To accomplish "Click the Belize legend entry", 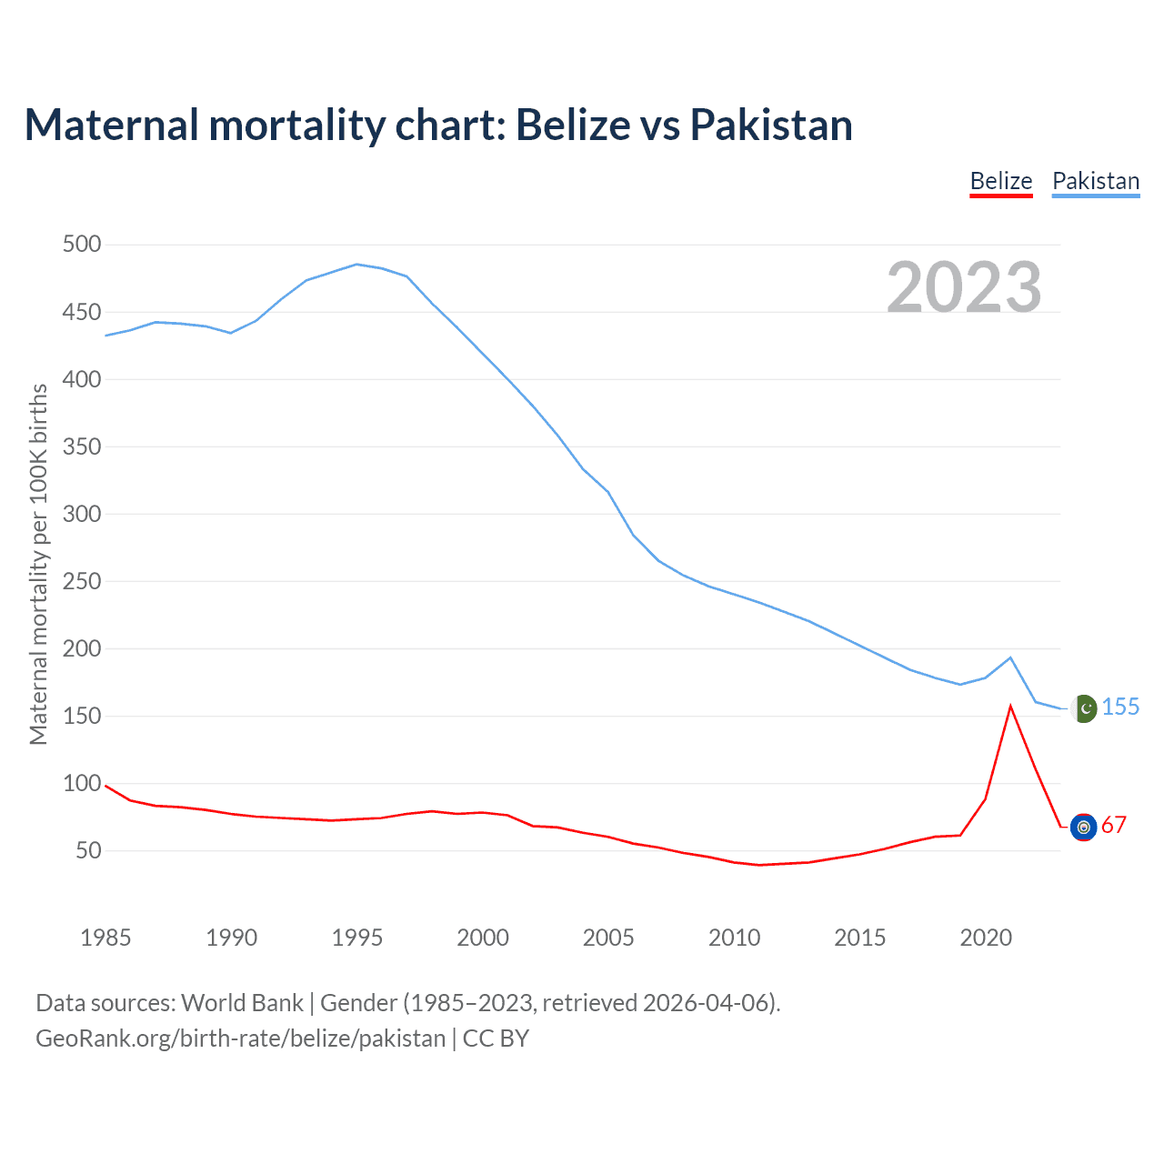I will click(x=1000, y=181).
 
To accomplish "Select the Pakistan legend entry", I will click(x=1095, y=181).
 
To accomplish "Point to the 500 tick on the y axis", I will click(x=82, y=245).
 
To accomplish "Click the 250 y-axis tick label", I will click(x=82, y=581).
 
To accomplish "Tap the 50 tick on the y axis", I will click(x=88, y=851).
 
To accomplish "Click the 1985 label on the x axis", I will click(x=105, y=938).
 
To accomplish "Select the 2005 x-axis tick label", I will click(x=607, y=938).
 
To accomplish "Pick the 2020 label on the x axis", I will click(x=985, y=938).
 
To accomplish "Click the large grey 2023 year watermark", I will click(x=964, y=286).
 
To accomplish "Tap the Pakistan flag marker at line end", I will click(x=1084, y=707).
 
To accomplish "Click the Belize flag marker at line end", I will click(x=1083, y=827).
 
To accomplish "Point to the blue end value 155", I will click(x=1120, y=707).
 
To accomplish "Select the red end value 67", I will click(x=1114, y=826).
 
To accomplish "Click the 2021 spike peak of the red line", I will click(x=1010, y=707).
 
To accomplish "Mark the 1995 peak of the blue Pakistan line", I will click(x=356, y=265).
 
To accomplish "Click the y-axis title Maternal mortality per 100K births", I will click(x=38, y=564).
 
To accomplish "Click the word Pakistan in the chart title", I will click(x=771, y=125).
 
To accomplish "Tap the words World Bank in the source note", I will click(x=242, y=1003).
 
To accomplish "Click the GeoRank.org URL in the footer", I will click(x=240, y=1039).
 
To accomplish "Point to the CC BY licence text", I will click(x=496, y=1039).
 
